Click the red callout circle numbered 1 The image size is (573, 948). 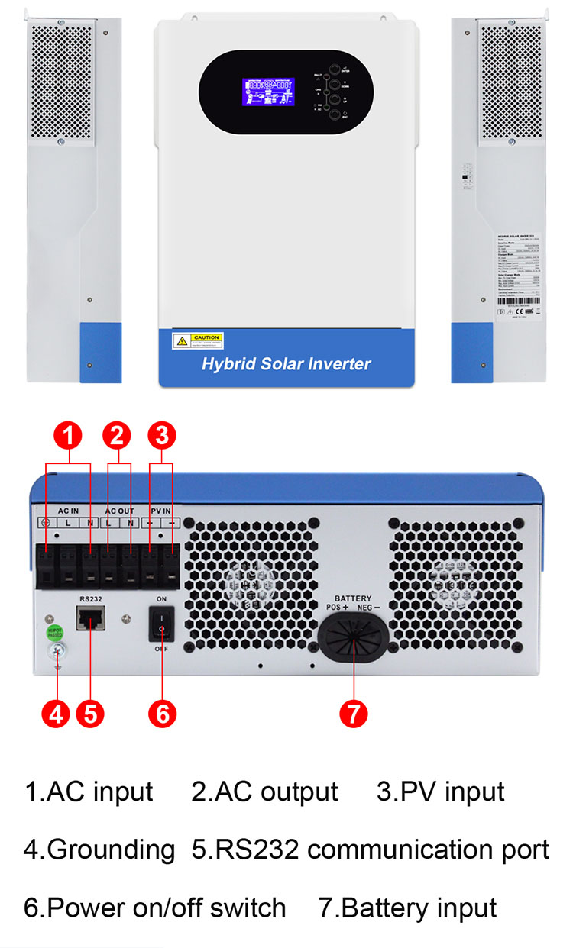pos(69,437)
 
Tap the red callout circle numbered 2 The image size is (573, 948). pos(116,437)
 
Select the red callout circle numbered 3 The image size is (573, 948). pos(161,437)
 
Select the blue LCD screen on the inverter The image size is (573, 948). pos(269,92)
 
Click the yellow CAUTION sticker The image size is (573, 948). pos(198,340)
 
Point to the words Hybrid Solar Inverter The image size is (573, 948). pos(286,363)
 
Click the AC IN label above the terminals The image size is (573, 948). pos(68,509)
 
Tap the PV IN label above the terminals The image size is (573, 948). pos(160,509)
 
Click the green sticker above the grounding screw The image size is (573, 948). pos(54,631)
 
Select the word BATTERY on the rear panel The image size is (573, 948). pos(353,598)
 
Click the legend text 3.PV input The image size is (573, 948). pos(441,792)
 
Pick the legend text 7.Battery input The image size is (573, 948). pos(408,908)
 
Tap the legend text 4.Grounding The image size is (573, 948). pos(99,849)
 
